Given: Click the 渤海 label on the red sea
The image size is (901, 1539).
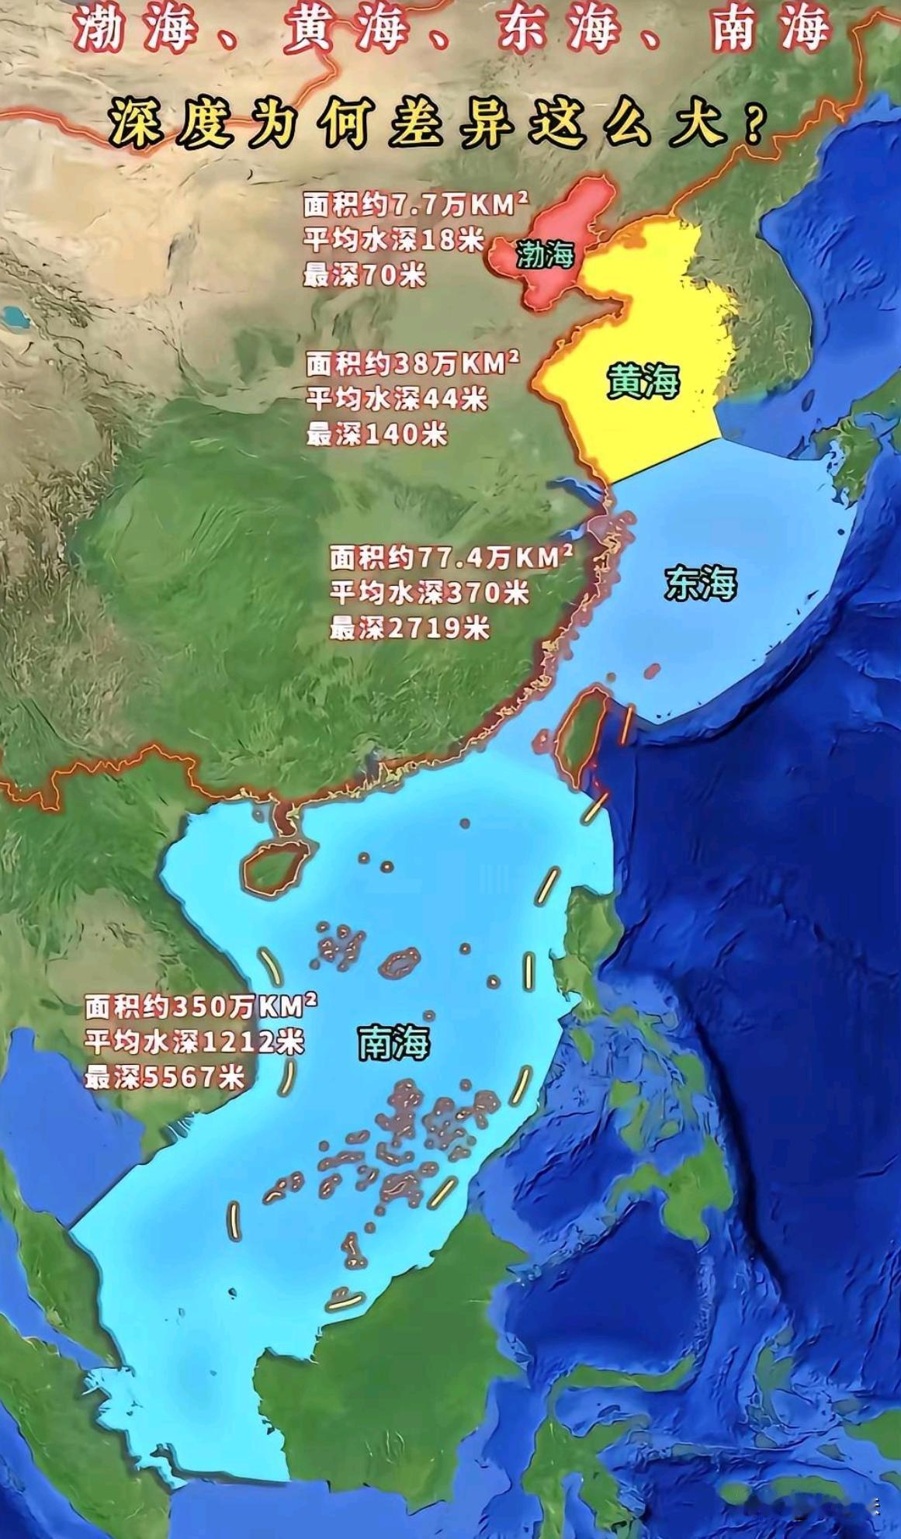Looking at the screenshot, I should [545, 254].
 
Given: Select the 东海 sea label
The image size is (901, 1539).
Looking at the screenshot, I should [699, 584].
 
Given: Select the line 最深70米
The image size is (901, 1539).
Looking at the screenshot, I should [364, 275].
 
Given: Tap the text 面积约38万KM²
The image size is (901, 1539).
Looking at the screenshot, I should [412, 363].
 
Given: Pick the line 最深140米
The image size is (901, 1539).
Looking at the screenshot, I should [376, 435].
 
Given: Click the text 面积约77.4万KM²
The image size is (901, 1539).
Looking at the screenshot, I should [451, 557].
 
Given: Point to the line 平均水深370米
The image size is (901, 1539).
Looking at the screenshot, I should [428, 593].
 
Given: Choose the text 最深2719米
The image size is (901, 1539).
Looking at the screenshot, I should [409, 627].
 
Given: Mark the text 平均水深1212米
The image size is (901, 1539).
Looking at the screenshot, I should [194, 1042].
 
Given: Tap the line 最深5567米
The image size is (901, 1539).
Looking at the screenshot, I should [165, 1076].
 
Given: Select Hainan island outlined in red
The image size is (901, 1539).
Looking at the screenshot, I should [273, 868].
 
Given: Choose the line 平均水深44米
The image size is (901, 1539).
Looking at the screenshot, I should [396, 399].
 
